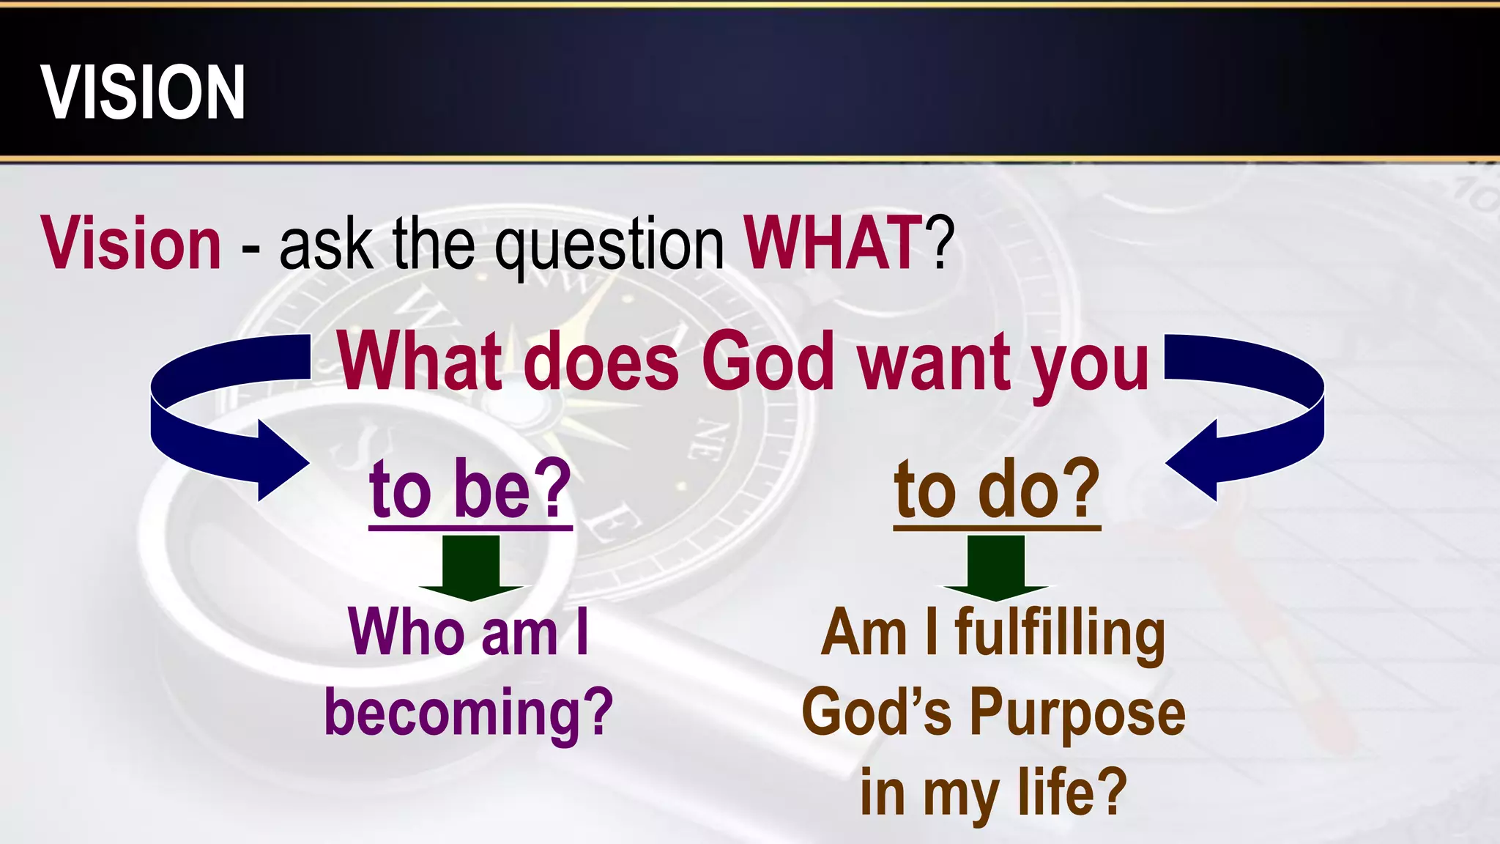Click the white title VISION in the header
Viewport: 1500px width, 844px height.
click(x=143, y=92)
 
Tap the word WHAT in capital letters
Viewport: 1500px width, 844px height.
click(x=833, y=243)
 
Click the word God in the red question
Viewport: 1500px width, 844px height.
click(x=768, y=361)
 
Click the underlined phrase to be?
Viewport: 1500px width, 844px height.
click(x=470, y=489)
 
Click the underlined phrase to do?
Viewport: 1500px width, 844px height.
click(x=997, y=489)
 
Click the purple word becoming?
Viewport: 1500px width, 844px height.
click(x=469, y=712)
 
